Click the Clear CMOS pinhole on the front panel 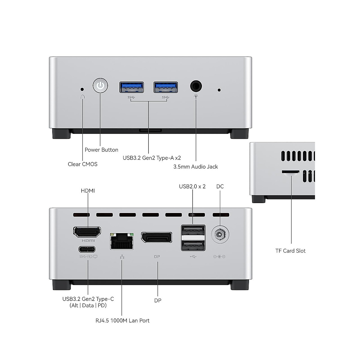click(x=82, y=89)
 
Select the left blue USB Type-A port click(x=132, y=87)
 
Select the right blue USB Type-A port click(x=166, y=87)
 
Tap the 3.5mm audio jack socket click(x=196, y=86)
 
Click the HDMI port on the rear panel click(x=87, y=232)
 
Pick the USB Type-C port click(x=87, y=249)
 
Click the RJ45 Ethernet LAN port click(x=122, y=241)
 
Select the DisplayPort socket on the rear click(x=157, y=237)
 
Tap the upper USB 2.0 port click(x=193, y=231)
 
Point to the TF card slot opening click(x=290, y=172)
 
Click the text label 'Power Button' click(x=101, y=150)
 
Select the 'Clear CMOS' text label click(x=82, y=164)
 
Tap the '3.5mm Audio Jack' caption click(x=196, y=166)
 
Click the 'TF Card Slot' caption click(x=290, y=251)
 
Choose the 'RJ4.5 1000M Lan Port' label click(x=122, y=320)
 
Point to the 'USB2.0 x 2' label click(x=192, y=186)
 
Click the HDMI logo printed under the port click(x=88, y=241)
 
